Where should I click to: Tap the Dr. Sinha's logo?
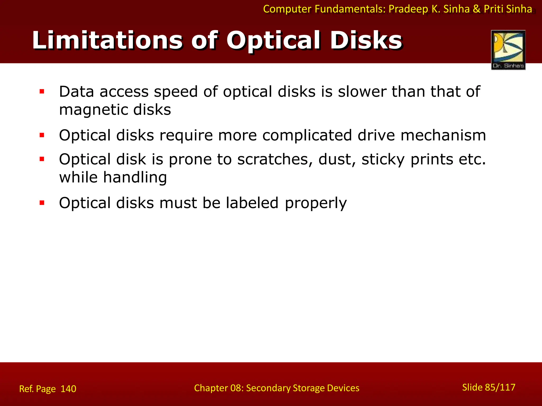coord(508,50)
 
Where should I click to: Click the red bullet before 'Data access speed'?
coord(42,92)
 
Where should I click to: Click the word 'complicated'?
coord(307,135)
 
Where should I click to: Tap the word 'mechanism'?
coord(443,135)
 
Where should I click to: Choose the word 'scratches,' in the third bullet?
coord(275,159)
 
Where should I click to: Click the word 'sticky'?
coord(383,160)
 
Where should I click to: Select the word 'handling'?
coord(135,177)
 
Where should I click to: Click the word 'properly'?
coord(316,204)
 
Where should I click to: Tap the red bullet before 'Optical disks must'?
coord(42,203)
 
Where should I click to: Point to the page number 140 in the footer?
coord(68,389)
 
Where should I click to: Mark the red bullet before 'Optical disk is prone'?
coord(42,159)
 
